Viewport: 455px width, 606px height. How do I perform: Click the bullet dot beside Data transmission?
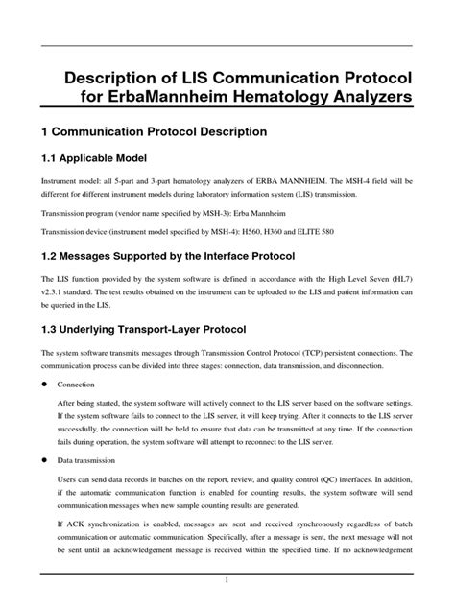(x=44, y=461)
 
